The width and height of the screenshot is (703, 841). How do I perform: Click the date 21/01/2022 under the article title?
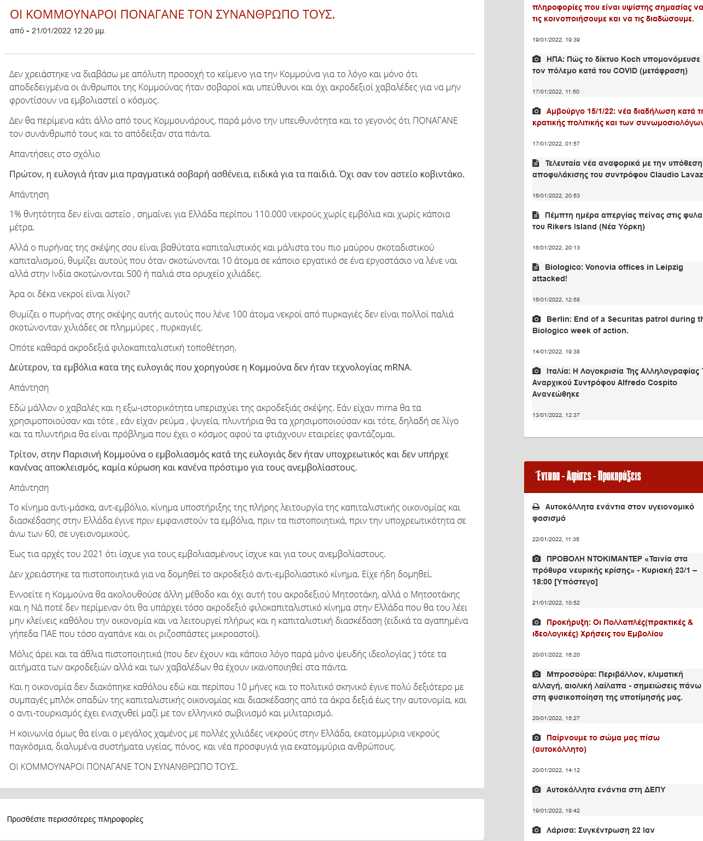[x=51, y=31]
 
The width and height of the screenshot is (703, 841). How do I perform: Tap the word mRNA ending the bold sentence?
[x=397, y=367]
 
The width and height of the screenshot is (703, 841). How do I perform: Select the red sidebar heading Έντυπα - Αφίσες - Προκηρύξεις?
[x=588, y=476]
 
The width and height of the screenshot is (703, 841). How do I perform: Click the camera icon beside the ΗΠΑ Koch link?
[x=537, y=59]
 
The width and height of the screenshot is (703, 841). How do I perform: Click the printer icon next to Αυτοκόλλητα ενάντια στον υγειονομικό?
[x=536, y=507]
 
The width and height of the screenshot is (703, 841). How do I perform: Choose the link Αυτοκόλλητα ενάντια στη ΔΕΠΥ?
[x=606, y=790]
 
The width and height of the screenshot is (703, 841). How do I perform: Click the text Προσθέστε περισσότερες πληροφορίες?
[x=75, y=819]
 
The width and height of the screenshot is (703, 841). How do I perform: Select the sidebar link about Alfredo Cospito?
[x=617, y=382]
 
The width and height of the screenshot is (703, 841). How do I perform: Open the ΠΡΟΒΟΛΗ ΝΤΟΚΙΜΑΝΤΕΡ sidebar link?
[x=616, y=570]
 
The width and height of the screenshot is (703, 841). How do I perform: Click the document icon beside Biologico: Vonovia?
[x=536, y=267]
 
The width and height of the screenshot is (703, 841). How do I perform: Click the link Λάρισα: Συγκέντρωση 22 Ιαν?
[x=600, y=830]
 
